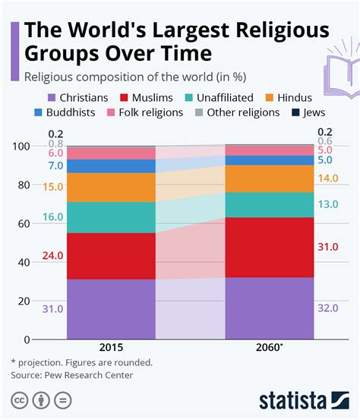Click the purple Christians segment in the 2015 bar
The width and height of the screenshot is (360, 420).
click(111, 308)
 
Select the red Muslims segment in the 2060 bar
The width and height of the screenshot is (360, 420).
click(269, 247)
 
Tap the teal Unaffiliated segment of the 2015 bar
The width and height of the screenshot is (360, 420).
click(111, 217)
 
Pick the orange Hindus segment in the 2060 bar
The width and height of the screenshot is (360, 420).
click(269, 178)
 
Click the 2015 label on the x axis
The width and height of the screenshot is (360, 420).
click(111, 349)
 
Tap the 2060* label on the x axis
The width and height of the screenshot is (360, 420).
click(270, 349)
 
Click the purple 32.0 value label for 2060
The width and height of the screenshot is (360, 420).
click(329, 308)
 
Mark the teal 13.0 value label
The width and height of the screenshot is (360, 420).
click(329, 204)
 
